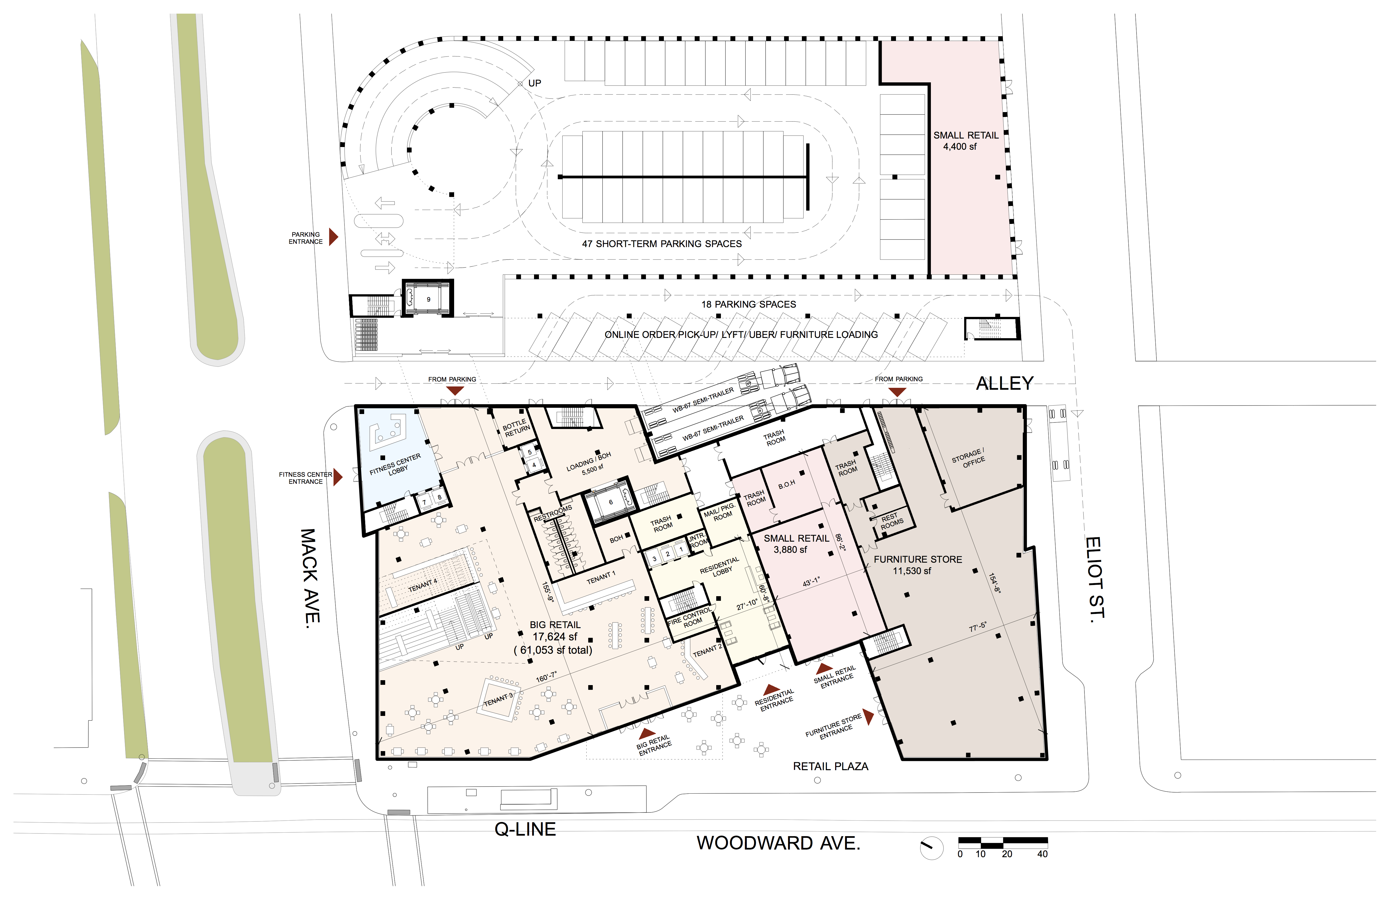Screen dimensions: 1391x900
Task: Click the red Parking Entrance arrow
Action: [333, 237]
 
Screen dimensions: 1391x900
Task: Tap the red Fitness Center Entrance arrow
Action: [338, 477]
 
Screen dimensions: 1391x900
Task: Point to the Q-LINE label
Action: [525, 829]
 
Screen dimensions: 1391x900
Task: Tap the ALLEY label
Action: [1004, 383]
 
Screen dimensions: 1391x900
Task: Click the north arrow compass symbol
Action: [931, 847]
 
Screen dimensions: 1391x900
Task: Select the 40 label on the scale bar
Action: [1042, 854]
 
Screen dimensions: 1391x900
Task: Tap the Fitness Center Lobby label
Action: [396, 465]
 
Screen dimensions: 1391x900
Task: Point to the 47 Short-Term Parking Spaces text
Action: [662, 244]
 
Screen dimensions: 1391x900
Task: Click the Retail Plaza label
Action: [831, 766]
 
